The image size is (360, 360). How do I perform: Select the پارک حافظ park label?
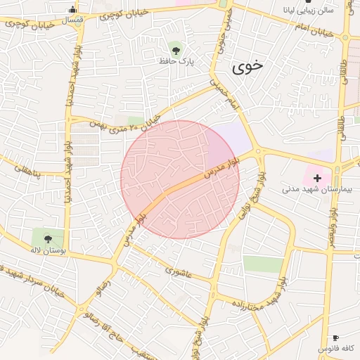click(176, 61)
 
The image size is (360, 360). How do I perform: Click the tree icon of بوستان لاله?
click(48, 238)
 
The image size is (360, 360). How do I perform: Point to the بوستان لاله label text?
click(48, 250)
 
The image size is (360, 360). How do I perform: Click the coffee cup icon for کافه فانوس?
click(335, 338)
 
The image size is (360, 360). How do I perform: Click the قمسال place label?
click(72, 19)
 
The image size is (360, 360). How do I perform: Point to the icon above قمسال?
click(72, 9)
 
